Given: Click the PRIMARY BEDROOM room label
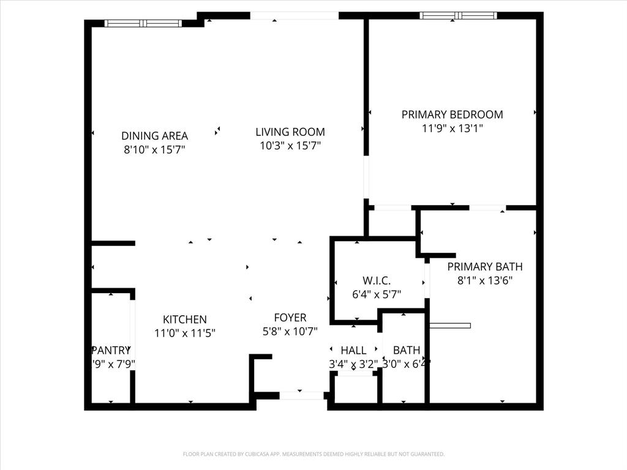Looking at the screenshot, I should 452,114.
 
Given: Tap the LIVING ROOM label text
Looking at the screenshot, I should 290,132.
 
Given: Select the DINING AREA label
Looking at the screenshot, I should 154,136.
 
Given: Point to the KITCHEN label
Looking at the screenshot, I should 184,319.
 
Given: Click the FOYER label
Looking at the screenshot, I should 290,318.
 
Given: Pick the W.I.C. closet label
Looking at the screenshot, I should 377,281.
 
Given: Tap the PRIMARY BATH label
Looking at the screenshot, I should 484,267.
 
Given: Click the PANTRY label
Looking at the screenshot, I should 111,351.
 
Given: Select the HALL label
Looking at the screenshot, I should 353,351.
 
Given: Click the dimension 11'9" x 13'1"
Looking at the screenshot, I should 452,129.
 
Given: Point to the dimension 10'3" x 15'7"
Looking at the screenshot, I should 290,146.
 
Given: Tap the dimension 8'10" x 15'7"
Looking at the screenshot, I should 154,149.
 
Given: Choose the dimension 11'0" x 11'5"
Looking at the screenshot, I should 184,333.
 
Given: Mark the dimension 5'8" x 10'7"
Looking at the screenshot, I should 290,331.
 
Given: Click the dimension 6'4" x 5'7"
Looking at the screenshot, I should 377,294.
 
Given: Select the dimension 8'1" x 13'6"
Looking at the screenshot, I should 484,281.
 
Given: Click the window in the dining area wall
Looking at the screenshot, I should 143,23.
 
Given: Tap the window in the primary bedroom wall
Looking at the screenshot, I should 458,15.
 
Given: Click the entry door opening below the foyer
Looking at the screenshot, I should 301,396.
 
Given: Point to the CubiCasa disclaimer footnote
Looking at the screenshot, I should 313,454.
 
